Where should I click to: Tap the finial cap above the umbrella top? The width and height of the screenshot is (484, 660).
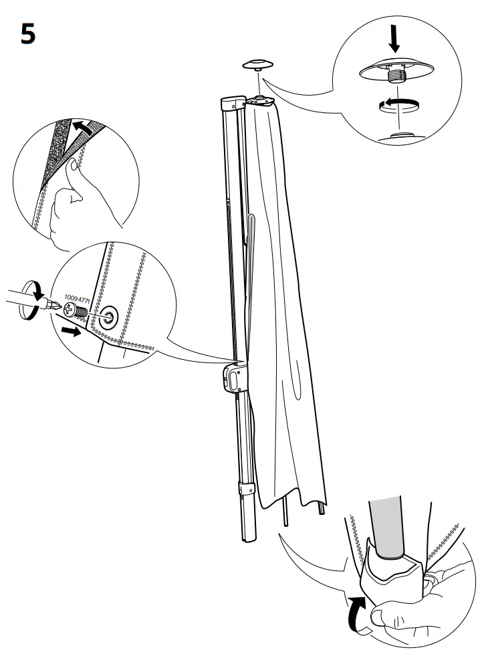tap(257, 64)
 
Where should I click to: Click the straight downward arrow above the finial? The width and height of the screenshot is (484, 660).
tap(394, 41)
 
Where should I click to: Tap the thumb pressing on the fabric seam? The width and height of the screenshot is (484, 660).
tap(72, 175)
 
